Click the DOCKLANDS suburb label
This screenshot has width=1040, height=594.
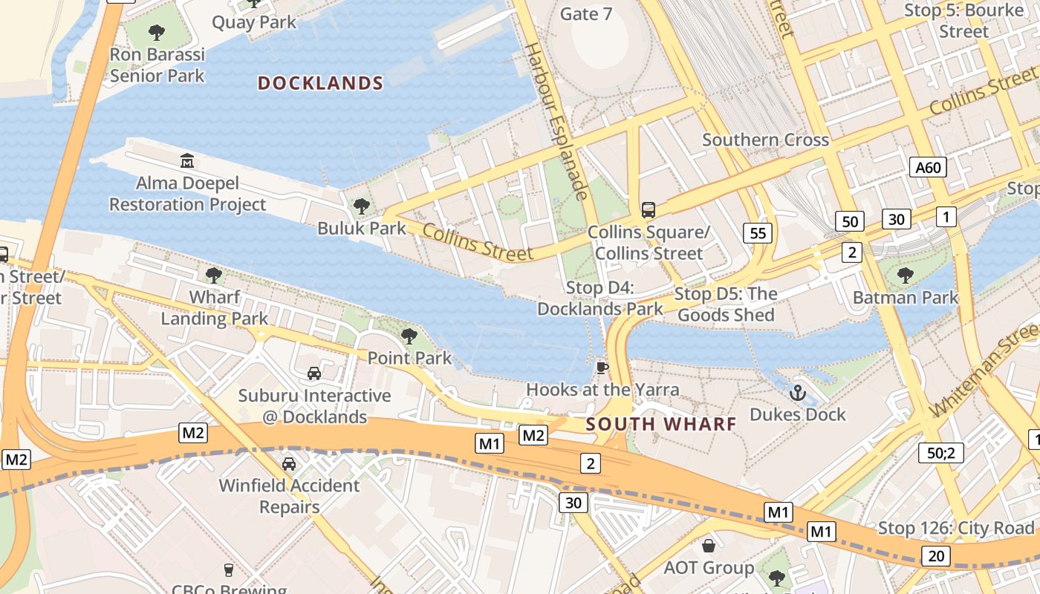tap(320, 83)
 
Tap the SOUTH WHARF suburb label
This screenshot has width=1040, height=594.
tap(661, 424)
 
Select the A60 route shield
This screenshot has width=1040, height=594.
tap(929, 167)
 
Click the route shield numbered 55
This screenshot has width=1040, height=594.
tap(758, 233)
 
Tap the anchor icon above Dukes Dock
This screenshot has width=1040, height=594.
tap(798, 393)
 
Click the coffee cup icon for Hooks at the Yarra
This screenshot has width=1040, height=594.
tap(602, 368)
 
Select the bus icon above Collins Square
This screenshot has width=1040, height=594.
tap(649, 210)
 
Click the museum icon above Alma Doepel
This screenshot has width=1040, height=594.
tap(187, 160)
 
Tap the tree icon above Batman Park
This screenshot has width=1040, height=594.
tap(905, 275)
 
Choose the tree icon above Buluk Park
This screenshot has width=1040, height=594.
tap(362, 206)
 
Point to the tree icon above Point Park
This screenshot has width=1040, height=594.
tap(409, 336)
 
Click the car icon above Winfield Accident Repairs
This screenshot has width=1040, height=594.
tap(289, 464)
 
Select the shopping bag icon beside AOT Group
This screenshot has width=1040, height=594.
tap(709, 546)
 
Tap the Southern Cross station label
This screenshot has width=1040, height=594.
tap(765, 140)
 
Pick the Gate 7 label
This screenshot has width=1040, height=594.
tap(585, 13)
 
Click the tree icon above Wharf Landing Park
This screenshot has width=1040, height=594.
tap(214, 275)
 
